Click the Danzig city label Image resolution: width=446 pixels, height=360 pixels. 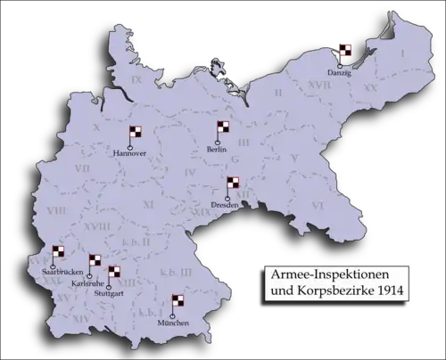(339, 72)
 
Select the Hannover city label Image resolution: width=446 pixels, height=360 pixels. (130, 154)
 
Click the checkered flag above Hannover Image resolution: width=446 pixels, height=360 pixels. (136, 133)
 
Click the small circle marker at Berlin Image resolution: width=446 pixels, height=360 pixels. (218, 143)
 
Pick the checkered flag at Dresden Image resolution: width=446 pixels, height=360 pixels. (233, 184)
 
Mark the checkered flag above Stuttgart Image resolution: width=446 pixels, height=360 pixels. (114, 273)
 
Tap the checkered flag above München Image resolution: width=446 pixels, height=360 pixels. (178, 303)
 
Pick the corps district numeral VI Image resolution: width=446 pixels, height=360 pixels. (317, 204)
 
